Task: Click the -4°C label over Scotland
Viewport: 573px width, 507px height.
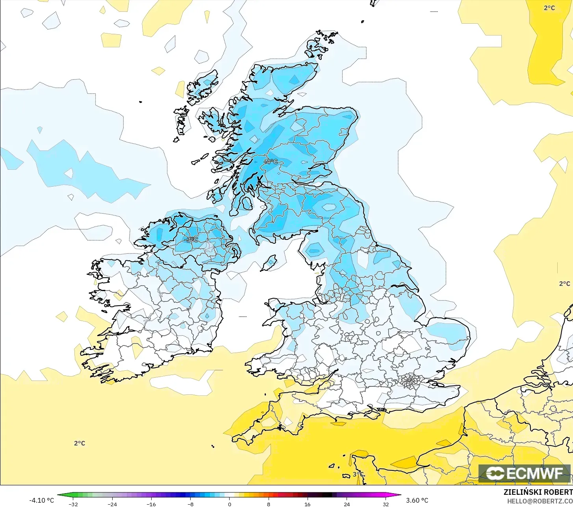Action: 270,162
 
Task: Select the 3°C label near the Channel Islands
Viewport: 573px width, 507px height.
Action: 358,474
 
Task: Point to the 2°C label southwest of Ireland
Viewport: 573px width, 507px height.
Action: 80,443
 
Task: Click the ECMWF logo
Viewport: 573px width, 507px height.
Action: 524,473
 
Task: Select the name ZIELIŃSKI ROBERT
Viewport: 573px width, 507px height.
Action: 538,492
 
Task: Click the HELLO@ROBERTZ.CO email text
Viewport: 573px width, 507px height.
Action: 540,501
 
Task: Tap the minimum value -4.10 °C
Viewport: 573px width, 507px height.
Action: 41,500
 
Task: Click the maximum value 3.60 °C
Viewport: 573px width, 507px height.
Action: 417,500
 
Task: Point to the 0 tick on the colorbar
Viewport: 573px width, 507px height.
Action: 229,504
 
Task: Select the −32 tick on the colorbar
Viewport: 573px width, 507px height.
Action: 73,504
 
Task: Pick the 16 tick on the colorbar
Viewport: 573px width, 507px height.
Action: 307,504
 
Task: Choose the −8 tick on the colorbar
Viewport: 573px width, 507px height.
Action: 190,504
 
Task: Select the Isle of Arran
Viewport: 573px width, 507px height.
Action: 247,203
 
